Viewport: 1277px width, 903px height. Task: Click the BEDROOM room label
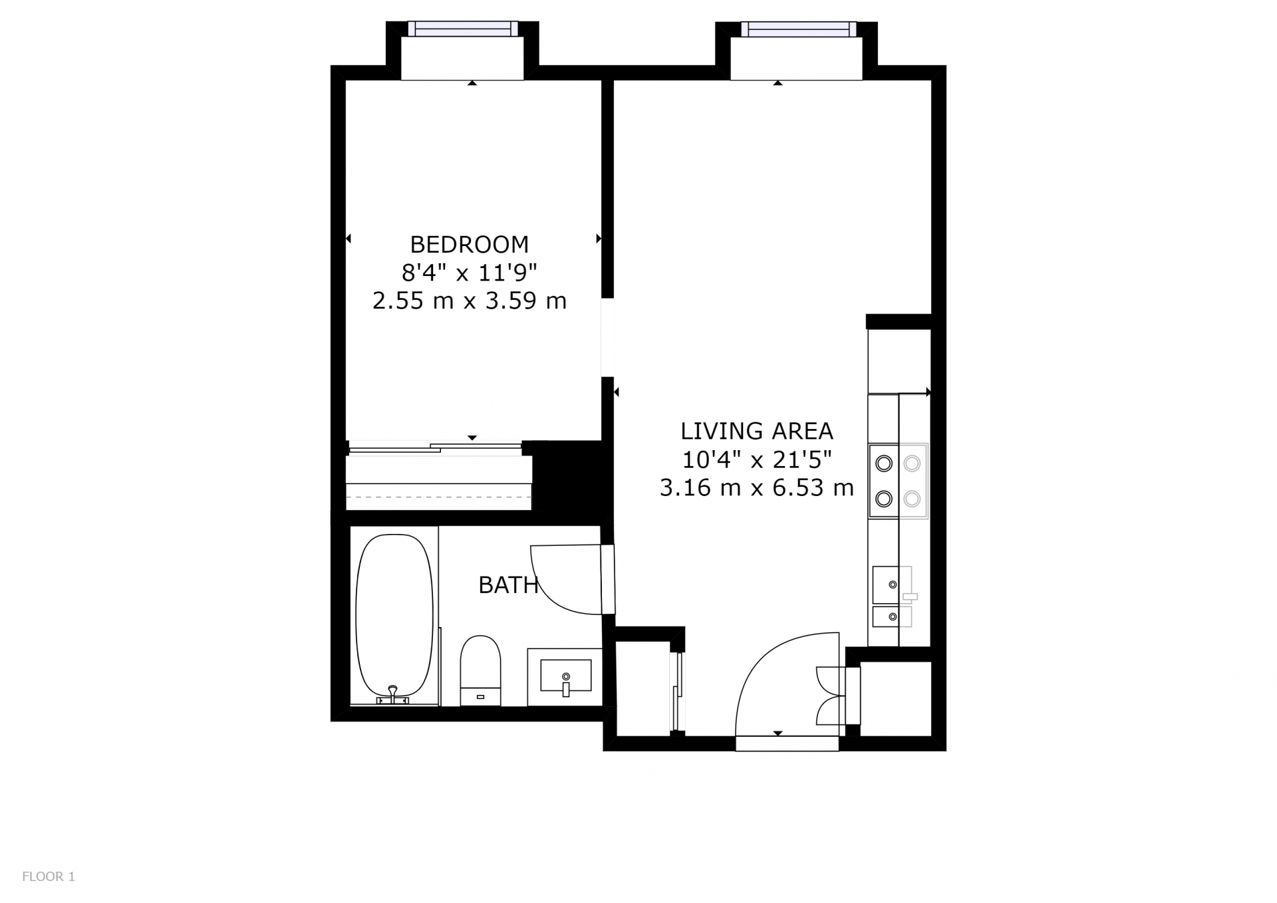point(469,245)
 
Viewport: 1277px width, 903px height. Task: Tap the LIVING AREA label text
point(756,431)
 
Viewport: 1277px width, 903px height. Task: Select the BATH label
point(508,585)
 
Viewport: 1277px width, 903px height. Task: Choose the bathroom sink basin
point(565,676)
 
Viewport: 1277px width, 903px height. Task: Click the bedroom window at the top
point(462,29)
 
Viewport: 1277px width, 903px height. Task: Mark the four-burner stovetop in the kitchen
point(898,481)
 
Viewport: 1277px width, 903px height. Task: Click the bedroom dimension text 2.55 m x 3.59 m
point(469,301)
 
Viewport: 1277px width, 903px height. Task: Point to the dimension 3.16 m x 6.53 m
point(756,488)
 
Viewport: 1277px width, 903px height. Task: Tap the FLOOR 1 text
point(49,876)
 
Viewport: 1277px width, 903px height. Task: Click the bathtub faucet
point(392,695)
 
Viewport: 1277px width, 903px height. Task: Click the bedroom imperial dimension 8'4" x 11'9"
point(469,273)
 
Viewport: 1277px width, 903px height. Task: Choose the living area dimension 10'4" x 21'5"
point(756,459)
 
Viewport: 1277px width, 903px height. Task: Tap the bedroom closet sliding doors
point(436,448)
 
